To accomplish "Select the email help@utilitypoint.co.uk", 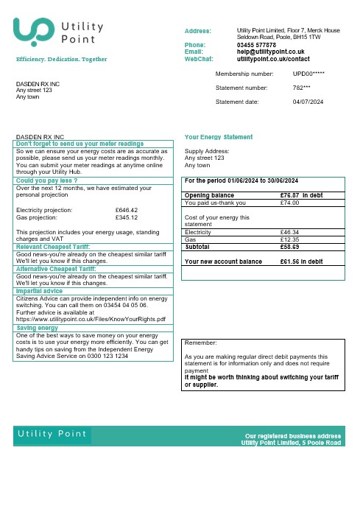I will click(271, 51).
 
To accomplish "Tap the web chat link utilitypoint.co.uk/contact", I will click(273, 57).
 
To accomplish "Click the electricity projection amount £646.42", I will click(127, 210).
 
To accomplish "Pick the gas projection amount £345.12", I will click(127, 217).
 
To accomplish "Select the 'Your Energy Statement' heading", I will click(219, 137).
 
